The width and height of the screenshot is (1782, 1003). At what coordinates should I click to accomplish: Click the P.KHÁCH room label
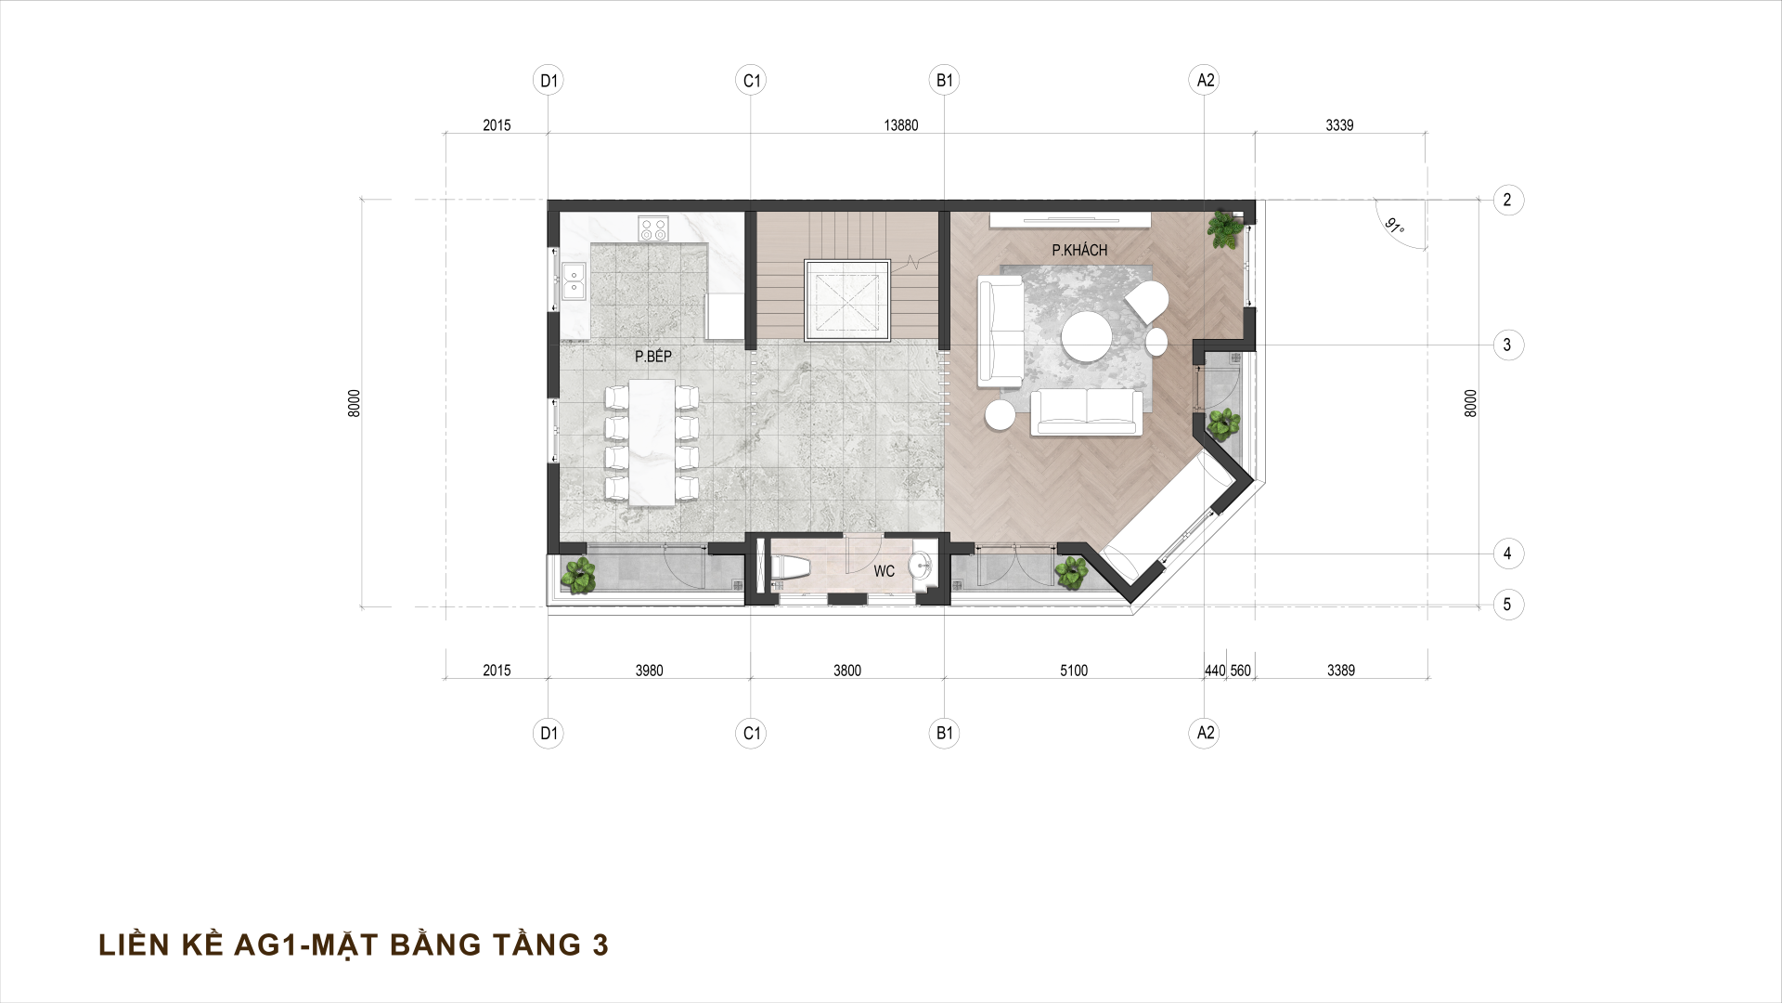1079,250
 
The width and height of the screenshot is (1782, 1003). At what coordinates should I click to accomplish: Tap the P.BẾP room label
652,356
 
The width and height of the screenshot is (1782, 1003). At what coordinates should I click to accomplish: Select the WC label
884,571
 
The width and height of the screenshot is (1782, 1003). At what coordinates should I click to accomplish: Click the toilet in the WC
787,569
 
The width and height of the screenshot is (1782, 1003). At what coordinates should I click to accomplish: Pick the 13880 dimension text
900,125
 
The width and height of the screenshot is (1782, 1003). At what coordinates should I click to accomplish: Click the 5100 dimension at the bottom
1073,671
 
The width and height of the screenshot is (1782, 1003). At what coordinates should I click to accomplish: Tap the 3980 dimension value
649,671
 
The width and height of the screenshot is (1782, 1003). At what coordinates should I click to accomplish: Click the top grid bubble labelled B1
945,81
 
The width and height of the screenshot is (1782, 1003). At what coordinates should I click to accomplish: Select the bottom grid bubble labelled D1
549,733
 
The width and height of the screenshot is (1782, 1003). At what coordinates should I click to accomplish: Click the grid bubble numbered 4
1507,554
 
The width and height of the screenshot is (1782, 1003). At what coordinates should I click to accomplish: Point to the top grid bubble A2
1205,81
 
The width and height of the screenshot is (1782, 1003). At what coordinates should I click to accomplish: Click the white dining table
652,441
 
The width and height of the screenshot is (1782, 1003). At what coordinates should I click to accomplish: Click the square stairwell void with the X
847,300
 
